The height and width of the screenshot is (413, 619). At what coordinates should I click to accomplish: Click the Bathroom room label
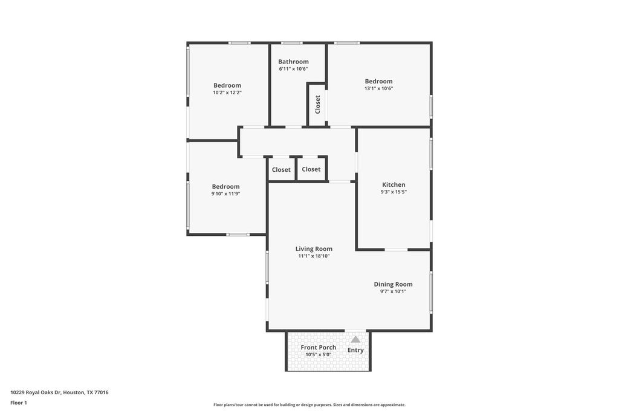(x=293, y=62)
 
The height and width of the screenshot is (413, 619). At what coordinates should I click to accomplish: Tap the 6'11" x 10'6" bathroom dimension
(x=293, y=69)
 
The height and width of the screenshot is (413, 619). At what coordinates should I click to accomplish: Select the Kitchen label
(x=394, y=185)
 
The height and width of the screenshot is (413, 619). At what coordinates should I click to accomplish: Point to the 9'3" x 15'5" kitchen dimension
(x=394, y=192)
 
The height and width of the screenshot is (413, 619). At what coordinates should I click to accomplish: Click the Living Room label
(x=314, y=249)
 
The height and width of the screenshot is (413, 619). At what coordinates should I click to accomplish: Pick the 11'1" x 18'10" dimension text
(x=314, y=256)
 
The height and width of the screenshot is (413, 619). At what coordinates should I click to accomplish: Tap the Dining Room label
(x=393, y=284)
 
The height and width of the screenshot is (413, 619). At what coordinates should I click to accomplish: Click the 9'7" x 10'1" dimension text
(x=393, y=291)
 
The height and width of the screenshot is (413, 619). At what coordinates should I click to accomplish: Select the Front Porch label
(x=319, y=348)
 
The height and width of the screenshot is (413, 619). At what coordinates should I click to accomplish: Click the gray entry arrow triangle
(x=355, y=340)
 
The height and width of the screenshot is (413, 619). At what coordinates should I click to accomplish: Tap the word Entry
(x=355, y=350)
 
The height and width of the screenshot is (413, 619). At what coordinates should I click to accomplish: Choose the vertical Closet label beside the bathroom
(x=317, y=105)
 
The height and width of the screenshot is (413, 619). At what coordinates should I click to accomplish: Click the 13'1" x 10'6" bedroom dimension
(x=378, y=88)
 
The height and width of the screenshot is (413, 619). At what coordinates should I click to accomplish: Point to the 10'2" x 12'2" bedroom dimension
(x=227, y=93)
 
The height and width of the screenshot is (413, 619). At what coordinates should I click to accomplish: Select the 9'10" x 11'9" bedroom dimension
(x=226, y=194)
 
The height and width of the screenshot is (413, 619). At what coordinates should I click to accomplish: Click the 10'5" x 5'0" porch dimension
(x=318, y=354)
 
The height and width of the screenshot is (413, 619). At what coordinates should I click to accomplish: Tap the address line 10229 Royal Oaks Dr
(x=59, y=392)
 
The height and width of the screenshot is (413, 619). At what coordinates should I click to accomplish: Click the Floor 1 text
(x=19, y=403)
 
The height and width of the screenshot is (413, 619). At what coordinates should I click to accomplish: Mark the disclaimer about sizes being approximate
(x=309, y=405)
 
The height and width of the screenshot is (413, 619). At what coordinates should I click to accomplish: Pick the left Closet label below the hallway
(x=281, y=170)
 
